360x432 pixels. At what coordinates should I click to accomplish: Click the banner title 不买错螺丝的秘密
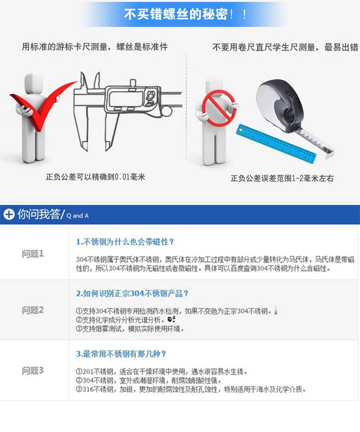point(175,14)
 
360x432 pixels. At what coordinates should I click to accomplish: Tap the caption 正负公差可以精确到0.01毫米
point(95,176)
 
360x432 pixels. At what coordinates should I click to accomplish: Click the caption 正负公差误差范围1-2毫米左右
point(282,178)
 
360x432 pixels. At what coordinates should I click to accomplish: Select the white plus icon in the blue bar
point(9,214)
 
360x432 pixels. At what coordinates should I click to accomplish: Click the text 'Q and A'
point(77,216)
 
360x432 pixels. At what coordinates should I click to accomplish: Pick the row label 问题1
point(33,254)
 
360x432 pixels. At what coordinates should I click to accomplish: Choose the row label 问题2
point(33,310)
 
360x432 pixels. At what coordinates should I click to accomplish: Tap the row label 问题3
point(33,370)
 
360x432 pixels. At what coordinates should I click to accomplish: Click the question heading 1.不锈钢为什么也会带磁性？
point(125,242)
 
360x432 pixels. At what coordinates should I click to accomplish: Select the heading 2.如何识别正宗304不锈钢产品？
point(132,293)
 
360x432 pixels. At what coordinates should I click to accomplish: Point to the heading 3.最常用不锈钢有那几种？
point(121,354)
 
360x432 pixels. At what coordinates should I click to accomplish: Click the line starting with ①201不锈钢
point(162,372)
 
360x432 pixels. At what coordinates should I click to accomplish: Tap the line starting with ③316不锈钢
point(191,389)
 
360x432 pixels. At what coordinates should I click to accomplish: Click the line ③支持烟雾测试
point(130,328)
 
